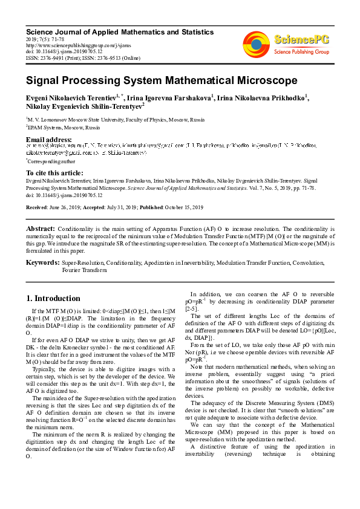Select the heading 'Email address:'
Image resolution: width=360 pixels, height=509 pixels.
[x=49, y=140]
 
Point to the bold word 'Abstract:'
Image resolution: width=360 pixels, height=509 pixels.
[x=41, y=229]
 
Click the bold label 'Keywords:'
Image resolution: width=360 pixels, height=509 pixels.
[x=42, y=263]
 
